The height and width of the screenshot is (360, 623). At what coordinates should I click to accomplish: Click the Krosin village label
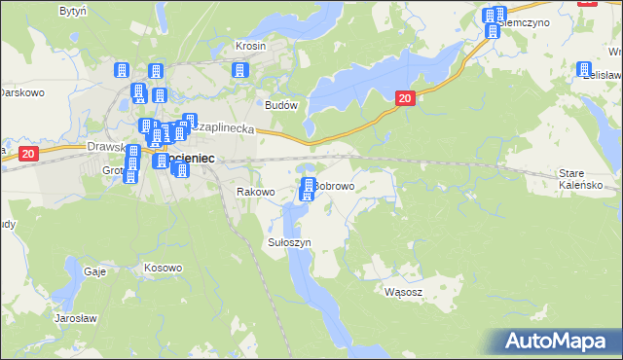(250, 46)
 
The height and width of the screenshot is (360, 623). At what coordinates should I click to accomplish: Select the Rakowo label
(256, 193)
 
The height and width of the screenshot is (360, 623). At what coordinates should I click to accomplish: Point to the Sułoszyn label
(289, 241)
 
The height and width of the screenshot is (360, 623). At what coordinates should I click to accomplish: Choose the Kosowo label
(163, 268)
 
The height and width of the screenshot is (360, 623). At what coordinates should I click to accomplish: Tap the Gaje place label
(94, 272)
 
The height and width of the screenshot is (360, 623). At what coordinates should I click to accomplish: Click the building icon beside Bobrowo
(308, 188)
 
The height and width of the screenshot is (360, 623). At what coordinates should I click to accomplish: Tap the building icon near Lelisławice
(584, 71)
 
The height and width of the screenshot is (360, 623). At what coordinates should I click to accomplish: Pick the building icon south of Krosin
(238, 70)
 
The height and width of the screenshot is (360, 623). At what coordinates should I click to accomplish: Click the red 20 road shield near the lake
(406, 97)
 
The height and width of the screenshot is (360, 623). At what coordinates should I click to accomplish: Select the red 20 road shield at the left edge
(27, 154)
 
